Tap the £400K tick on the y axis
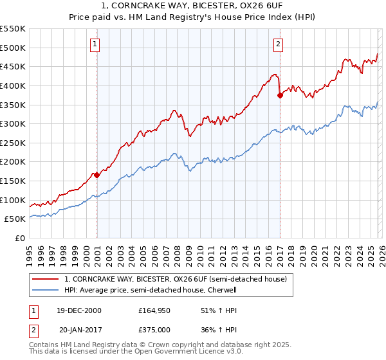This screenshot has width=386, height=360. pyautogui.click(x=13, y=85)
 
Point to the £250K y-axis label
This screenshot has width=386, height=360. pyautogui.click(x=13, y=143)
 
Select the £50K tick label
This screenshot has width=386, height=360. pyautogui.click(x=15, y=219)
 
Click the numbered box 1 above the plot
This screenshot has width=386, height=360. pyautogui.click(x=95, y=44)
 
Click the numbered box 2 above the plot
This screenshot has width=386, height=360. pyautogui.click(x=278, y=44)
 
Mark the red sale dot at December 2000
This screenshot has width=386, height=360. pyautogui.click(x=96, y=175)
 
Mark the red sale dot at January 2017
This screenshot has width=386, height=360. pyautogui.click(x=280, y=95)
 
